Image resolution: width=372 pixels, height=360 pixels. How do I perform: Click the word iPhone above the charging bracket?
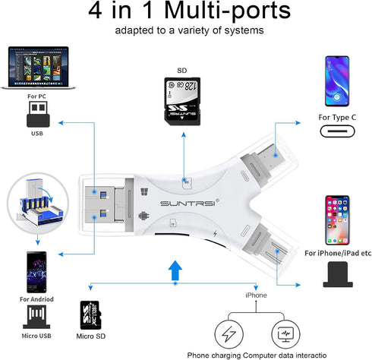(256, 294)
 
